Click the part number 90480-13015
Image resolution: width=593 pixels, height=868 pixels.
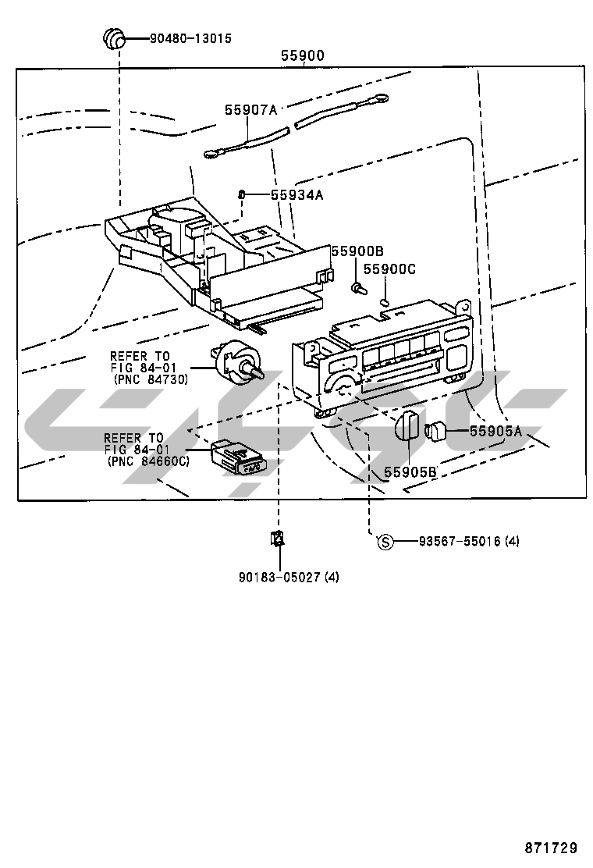click(x=190, y=39)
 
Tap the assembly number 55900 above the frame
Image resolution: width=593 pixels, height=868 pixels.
click(x=303, y=55)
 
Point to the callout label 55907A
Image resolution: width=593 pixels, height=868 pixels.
click(x=250, y=109)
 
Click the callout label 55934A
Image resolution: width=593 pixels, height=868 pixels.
click(x=296, y=195)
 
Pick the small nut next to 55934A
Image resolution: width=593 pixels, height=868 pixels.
click(x=241, y=194)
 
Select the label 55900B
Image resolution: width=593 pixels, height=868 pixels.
click(x=357, y=251)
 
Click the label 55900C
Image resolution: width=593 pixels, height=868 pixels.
click(x=389, y=269)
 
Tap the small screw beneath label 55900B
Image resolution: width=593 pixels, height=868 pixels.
click(x=357, y=287)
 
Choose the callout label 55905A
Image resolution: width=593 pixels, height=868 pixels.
click(x=495, y=431)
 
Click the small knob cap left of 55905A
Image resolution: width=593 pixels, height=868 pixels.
click(x=435, y=430)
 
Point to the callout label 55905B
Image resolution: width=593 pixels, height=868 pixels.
click(x=410, y=471)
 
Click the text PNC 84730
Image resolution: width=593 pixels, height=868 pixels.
click(x=151, y=379)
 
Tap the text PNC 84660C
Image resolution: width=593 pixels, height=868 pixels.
click(x=148, y=461)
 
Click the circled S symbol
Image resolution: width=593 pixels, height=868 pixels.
click(x=385, y=542)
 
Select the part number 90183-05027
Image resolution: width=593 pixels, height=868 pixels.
click(x=280, y=577)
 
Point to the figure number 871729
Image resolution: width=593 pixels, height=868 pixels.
click(x=551, y=848)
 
